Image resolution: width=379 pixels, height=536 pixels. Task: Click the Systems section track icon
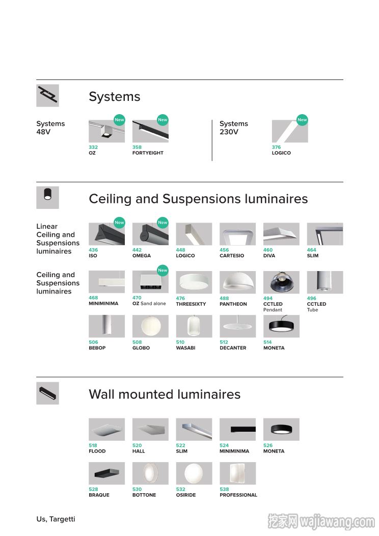pos(47,95)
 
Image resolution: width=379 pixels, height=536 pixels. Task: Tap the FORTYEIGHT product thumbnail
pos(150,131)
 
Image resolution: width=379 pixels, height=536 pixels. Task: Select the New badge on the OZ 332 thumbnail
pos(119,120)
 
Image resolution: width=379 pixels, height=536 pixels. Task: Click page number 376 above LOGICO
pos(276,147)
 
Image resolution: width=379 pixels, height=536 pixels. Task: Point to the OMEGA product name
pos(142,256)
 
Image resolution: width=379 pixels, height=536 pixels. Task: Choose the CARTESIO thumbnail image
pos(237,234)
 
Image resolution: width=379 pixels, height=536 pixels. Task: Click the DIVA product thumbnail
pos(281,234)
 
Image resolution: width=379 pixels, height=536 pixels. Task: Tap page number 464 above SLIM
pos(311,250)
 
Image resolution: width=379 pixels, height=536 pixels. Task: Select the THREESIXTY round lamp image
pos(194,282)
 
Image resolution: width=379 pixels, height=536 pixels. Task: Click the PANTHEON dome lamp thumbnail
pos(237,282)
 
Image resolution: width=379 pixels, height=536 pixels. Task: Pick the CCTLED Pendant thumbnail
pos(281,282)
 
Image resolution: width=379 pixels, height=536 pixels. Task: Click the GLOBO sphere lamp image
pos(150,326)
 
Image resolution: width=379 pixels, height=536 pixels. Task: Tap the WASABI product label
pos(185,348)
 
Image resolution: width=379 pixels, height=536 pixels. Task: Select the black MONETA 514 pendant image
pos(281,326)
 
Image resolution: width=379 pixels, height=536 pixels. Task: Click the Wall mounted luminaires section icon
pos(47,393)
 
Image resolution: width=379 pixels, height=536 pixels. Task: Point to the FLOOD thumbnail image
pos(106,430)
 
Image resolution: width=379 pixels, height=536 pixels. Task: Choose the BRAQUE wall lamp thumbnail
pos(106,473)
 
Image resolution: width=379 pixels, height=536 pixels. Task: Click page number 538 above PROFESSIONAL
pos(224,490)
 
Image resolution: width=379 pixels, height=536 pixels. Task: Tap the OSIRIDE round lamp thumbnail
pos(194,473)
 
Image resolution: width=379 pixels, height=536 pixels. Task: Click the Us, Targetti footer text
pos(56,519)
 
